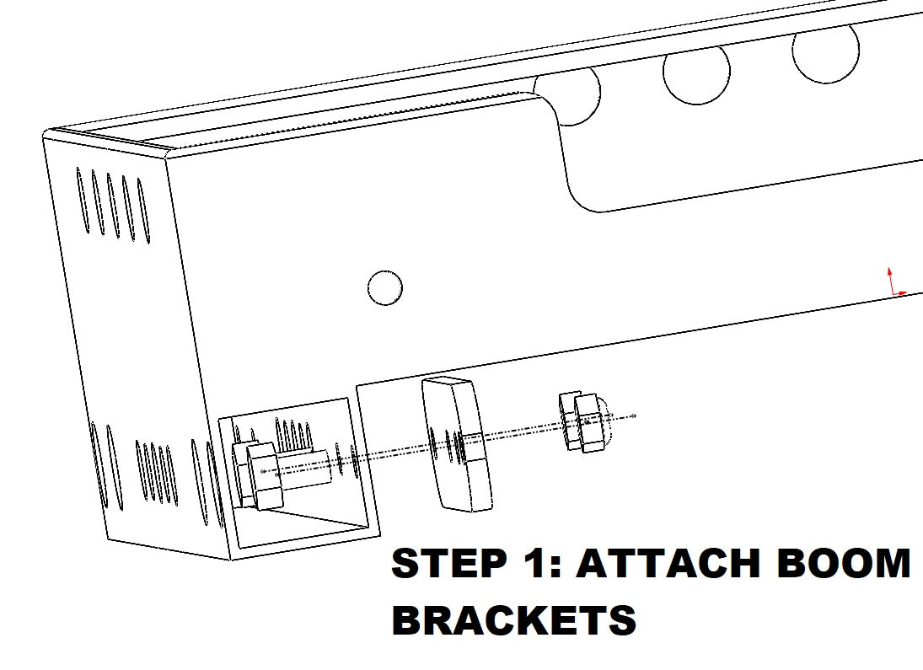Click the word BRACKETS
[514, 621]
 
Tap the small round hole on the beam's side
[385, 288]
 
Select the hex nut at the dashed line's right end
[584, 421]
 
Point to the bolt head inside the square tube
[258, 477]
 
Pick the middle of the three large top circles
[696, 74]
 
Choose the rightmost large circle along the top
[825, 52]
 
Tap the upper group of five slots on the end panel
[112, 204]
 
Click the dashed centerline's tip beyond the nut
[634, 415]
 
